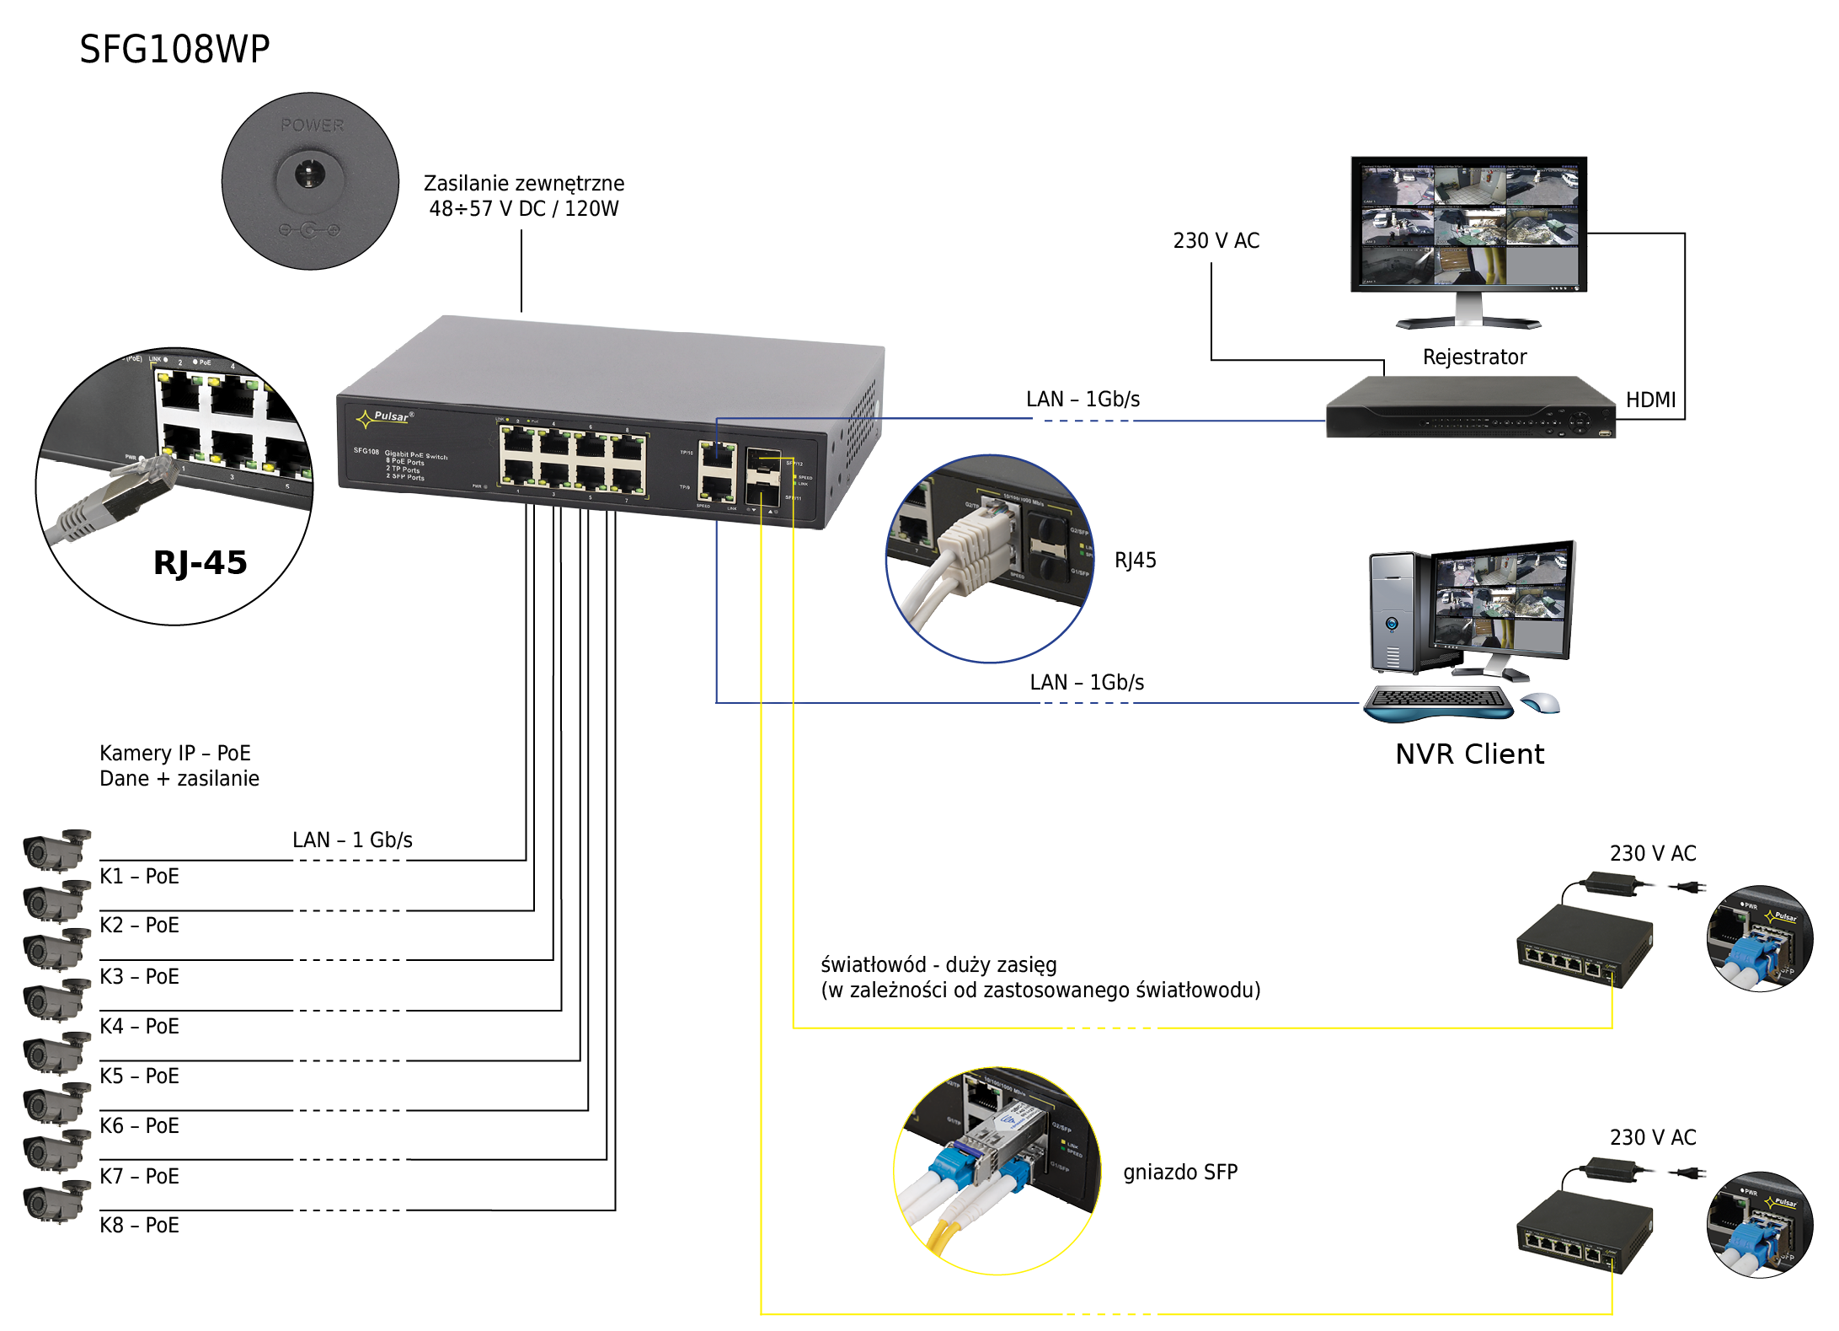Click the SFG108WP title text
tap(174, 49)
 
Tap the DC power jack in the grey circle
tap(309, 175)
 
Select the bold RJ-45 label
tap(200, 562)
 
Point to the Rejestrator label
tap(1474, 357)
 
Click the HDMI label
tap(1650, 400)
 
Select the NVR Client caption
tap(1470, 754)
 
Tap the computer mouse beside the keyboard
tap(1541, 702)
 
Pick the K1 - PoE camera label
tap(139, 877)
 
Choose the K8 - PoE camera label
tap(139, 1225)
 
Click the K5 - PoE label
tap(139, 1076)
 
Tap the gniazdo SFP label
tap(1180, 1172)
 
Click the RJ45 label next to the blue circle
tap(1135, 561)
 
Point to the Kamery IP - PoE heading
tap(175, 753)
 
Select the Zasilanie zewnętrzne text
tap(523, 184)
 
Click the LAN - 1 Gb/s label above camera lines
tap(352, 840)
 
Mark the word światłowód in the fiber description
tap(873, 964)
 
